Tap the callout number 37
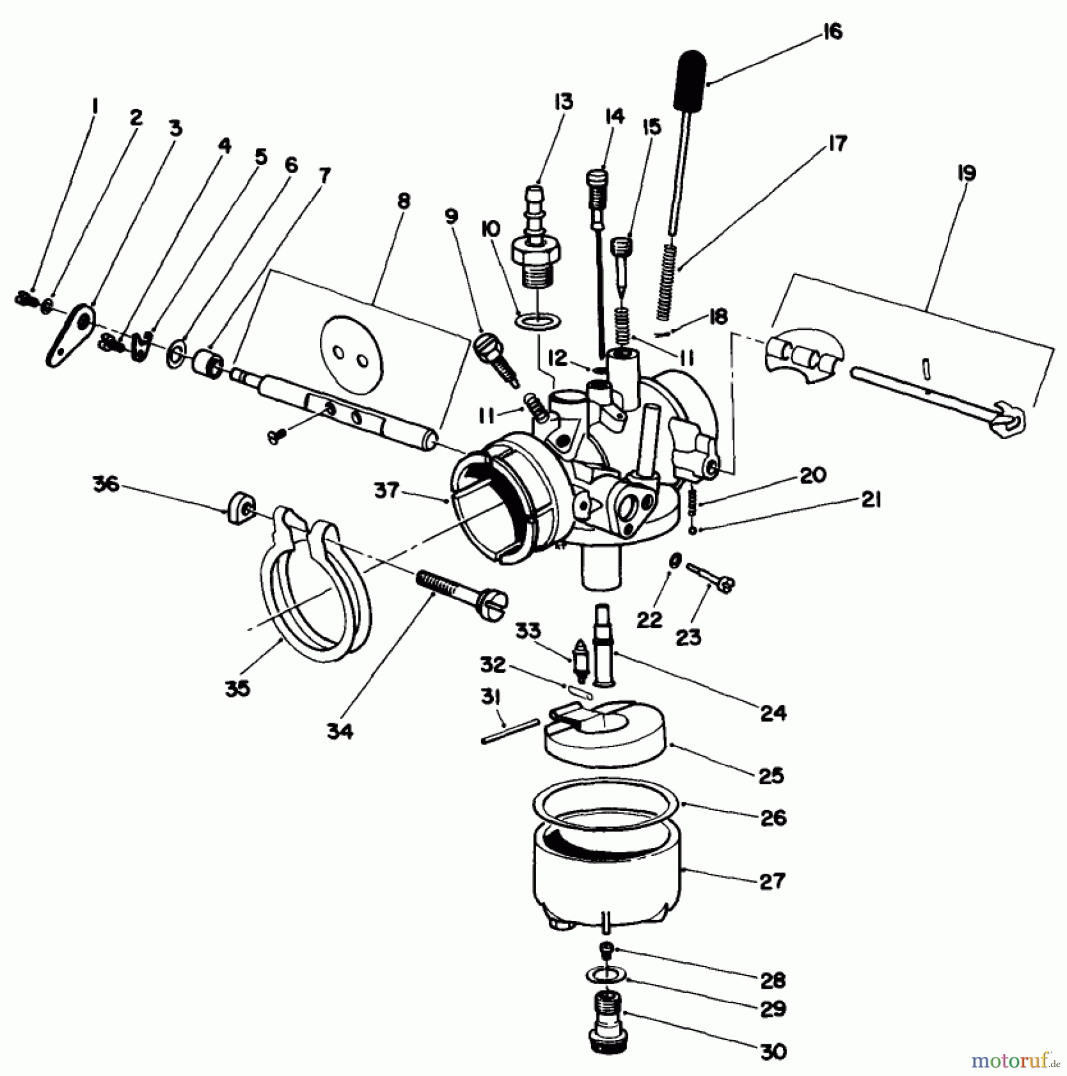point(386,491)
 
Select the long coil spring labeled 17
point(669,281)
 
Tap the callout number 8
point(403,201)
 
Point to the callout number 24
point(773,713)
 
